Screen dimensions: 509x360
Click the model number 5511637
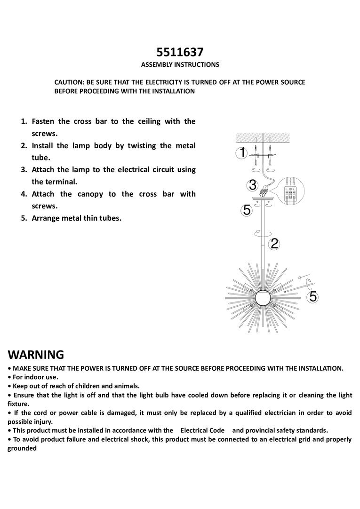tap(180, 52)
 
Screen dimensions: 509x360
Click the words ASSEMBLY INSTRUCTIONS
tap(180, 64)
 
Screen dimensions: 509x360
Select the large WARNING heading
tap(36, 354)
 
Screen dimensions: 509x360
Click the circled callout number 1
tap(242, 153)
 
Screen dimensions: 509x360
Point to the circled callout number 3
tap(253, 184)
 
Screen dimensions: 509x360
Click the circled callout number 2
tap(275, 243)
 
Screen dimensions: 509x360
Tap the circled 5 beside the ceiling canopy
tap(247, 210)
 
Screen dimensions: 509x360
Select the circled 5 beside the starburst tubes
tap(313, 296)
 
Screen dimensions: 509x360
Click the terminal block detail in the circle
tap(291, 191)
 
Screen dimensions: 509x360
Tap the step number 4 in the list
tap(24, 194)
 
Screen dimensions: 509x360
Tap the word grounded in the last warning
tap(22, 448)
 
